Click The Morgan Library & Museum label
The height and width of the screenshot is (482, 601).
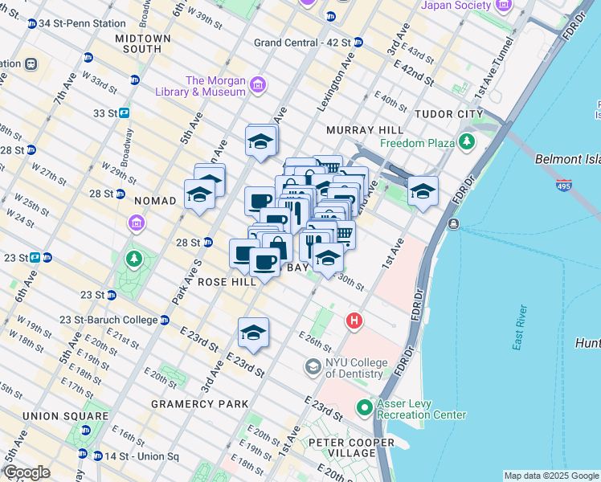pyautogui.click(x=215, y=86)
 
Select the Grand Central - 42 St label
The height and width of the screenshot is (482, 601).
pyautogui.click(x=302, y=42)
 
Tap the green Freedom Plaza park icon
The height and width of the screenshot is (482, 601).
pyautogui.click(x=467, y=143)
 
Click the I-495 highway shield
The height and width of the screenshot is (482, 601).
pyautogui.click(x=564, y=186)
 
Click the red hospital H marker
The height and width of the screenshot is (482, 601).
pyautogui.click(x=354, y=322)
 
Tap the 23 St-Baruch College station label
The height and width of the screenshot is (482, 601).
pyautogui.click(x=109, y=320)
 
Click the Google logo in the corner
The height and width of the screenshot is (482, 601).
pyautogui.click(x=27, y=472)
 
